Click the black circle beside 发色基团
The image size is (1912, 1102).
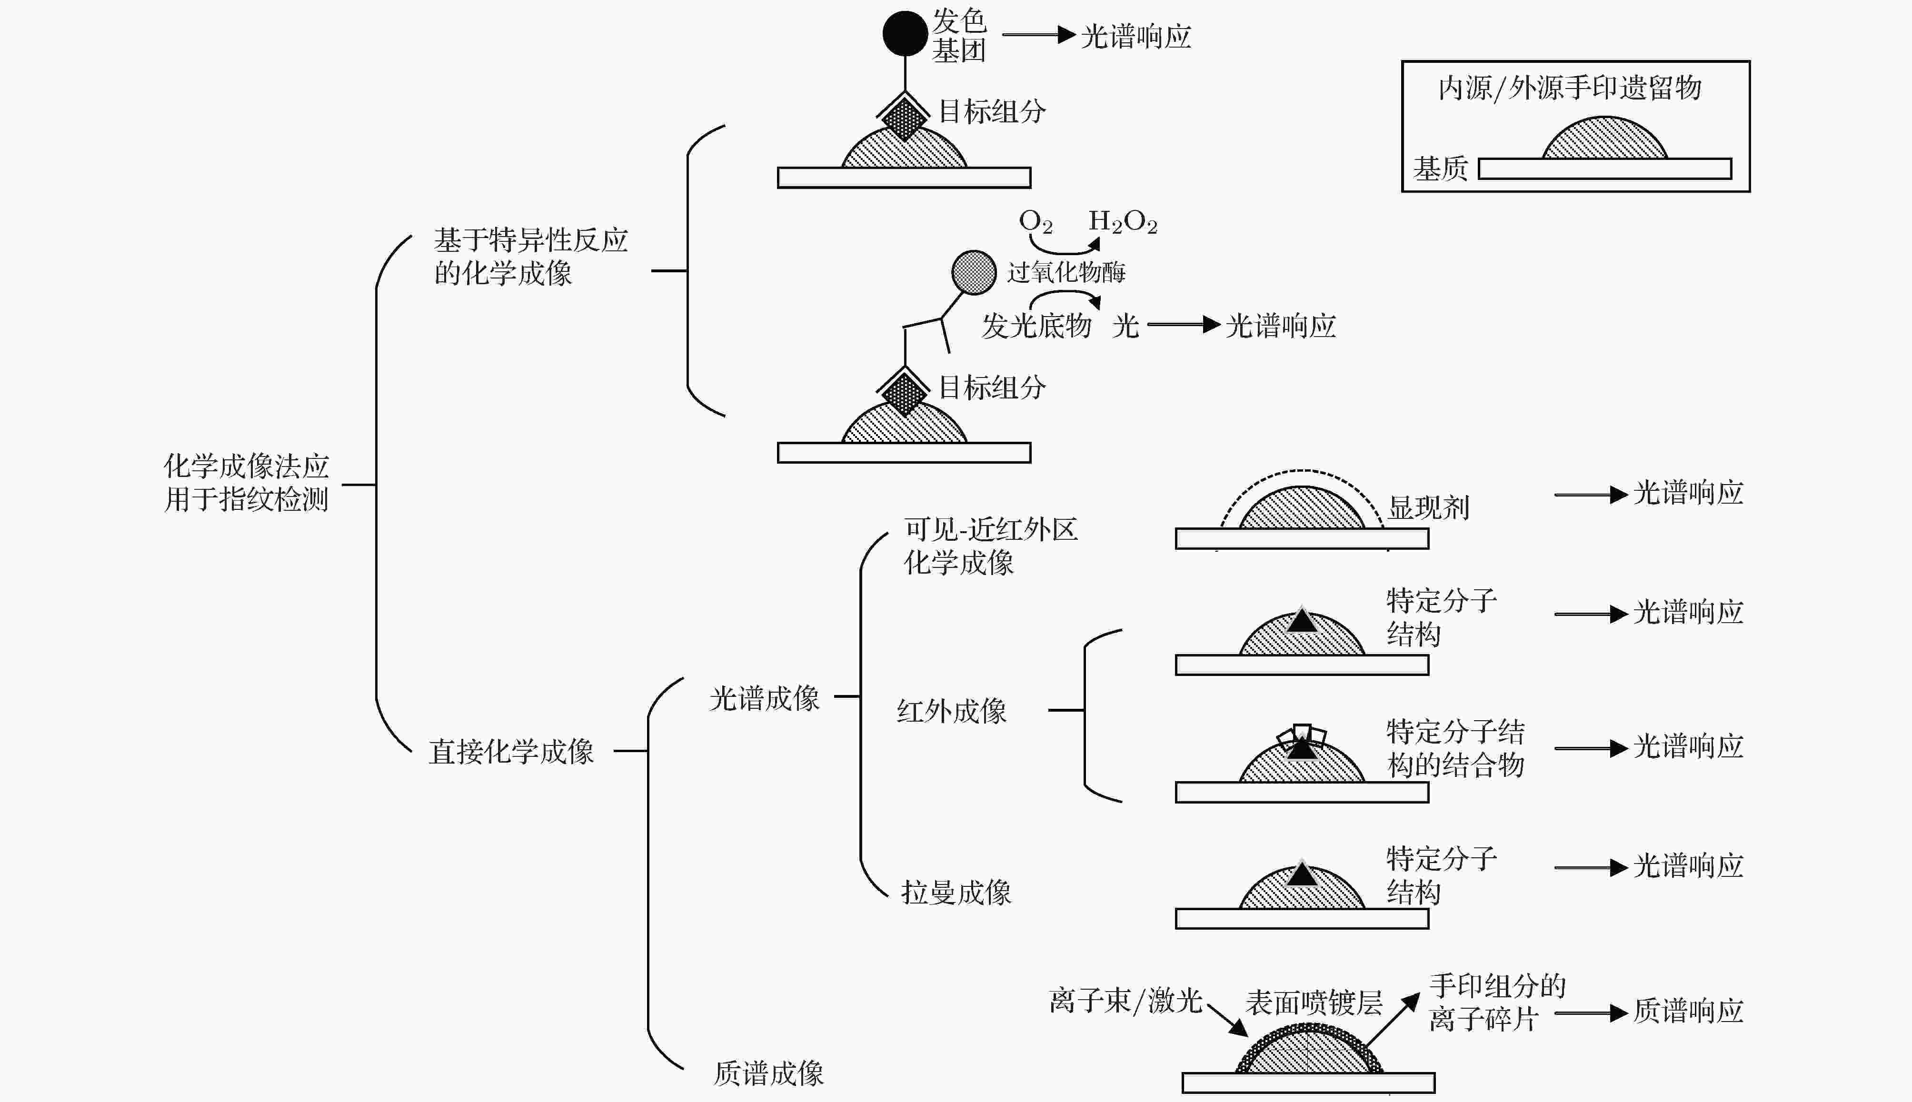tap(905, 33)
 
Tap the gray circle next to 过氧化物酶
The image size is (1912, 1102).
tap(974, 272)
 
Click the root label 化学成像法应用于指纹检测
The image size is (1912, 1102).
tap(247, 483)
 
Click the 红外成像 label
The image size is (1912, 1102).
tap(951, 711)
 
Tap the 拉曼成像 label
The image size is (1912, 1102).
tap(956, 893)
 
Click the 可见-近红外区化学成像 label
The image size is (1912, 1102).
tap(991, 546)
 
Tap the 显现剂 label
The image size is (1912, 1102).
tap(1428, 507)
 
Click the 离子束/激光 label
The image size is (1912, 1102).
tap(1125, 1001)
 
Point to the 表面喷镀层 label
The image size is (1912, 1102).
tap(1314, 1002)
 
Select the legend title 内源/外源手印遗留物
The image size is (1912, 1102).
tap(1570, 88)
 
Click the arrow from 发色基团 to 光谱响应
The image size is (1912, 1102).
tap(1038, 34)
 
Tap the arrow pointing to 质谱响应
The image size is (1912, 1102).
tap(1591, 1013)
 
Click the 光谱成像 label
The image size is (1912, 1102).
tap(765, 698)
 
